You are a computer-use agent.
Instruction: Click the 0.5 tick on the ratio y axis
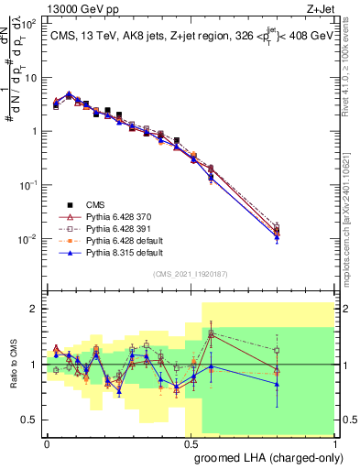point(32,420)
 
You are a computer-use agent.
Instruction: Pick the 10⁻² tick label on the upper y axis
point(27,239)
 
